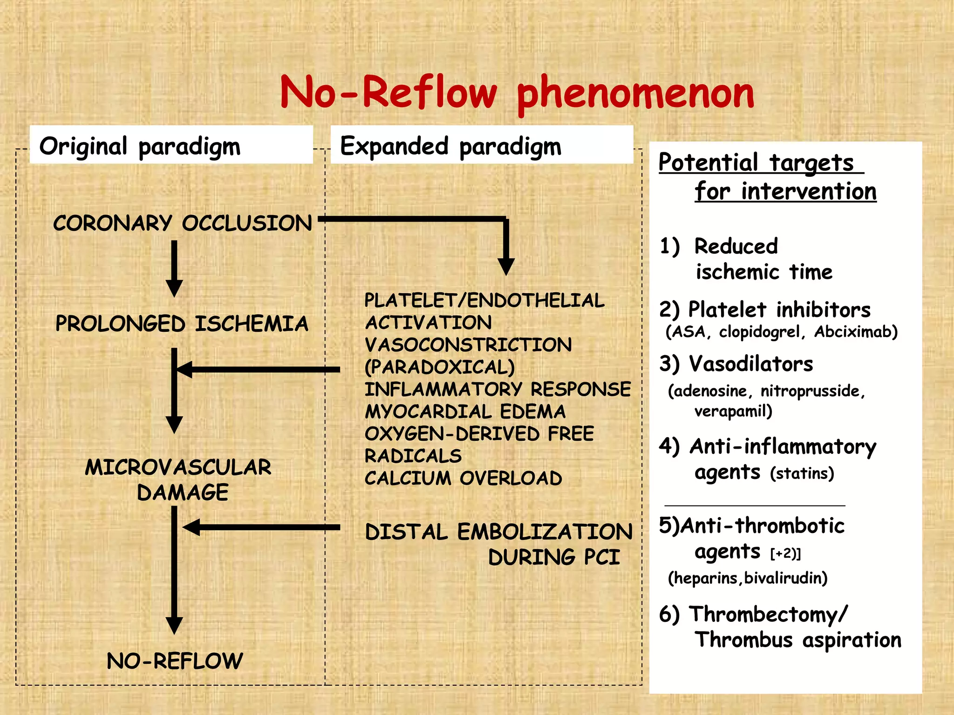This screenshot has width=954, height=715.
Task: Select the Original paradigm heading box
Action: pyautogui.click(x=171, y=145)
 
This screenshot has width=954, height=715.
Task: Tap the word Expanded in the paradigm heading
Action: pyautogui.click(x=394, y=146)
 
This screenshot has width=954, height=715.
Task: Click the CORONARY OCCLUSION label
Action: pyautogui.click(x=182, y=223)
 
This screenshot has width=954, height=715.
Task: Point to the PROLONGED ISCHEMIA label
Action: pyautogui.click(x=182, y=324)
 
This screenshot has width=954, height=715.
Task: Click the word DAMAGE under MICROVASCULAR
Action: pyautogui.click(x=183, y=492)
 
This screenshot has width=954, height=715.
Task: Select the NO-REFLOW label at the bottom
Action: pyautogui.click(x=175, y=661)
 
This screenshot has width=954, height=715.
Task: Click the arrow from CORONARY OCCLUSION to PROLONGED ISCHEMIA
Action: pyautogui.click(x=174, y=268)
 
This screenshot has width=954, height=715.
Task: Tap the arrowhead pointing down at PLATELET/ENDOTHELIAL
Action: pyautogui.click(x=506, y=267)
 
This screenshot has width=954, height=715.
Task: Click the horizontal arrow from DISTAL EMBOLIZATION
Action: pyautogui.click(x=261, y=527)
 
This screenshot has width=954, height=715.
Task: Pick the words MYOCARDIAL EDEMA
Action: pyautogui.click(x=465, y=411)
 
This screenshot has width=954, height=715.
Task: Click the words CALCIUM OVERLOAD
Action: pyautogui.click(x=463, y=479)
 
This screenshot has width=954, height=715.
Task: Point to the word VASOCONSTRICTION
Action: pyautogui.click(x=468, y=345)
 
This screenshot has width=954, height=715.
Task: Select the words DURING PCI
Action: pyautogui.click(x=554, y=557)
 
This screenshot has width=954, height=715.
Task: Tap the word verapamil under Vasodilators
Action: pyautogui.click(x=733, y=411)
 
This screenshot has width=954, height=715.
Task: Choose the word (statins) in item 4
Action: pyautogui.click(x=802, y=473)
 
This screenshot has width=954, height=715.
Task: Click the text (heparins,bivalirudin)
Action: pyautogui.click(x=748, y=578)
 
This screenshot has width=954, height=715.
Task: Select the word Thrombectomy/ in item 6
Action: pyautogui.click(x=768, y=614)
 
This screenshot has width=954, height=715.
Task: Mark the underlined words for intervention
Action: pyautogui.click(x=785, y=191)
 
